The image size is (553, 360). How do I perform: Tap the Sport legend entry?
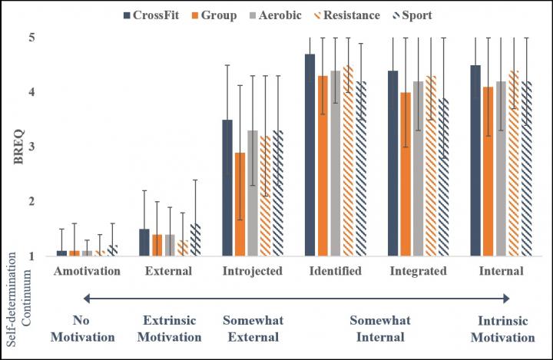coord(415,15)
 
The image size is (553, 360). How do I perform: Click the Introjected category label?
coord(253,272)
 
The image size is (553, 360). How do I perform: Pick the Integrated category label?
coord(419,272)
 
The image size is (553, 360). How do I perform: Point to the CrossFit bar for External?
coord(144,243)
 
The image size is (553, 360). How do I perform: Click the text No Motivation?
coord(86,328)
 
